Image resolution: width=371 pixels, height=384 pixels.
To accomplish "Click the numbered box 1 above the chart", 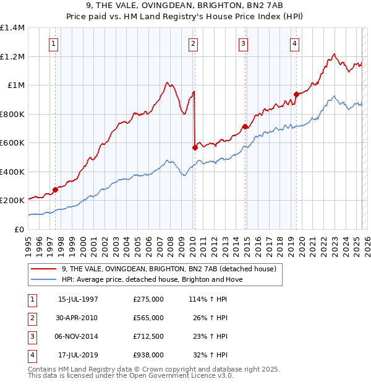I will click(x=55, y=43).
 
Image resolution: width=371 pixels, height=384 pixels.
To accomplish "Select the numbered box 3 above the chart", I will click(x=244, y=43).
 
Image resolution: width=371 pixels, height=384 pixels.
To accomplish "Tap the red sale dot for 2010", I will click(x=195, y=147).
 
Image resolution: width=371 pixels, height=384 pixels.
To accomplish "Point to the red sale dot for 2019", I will click(x=296, y=94).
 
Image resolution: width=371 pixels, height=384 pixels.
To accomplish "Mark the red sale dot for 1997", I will click(x=55, y=190).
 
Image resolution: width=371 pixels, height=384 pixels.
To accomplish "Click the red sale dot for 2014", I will click(x=245, y=126).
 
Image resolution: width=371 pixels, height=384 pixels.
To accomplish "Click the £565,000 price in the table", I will click(x=148, y=318).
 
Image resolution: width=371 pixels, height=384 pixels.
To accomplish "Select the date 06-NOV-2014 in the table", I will click(x=78, y=336).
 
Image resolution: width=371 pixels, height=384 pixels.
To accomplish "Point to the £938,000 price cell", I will click(x=148, y=355).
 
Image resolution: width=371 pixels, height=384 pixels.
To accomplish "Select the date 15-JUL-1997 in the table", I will click(x=78, y=299).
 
